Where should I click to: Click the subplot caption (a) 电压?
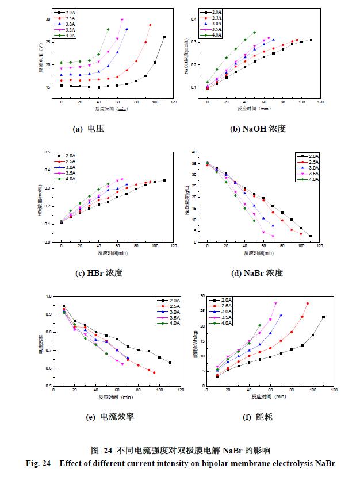[88, 129]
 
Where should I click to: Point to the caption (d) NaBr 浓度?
[256, 272]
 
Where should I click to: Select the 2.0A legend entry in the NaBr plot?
[311, 156]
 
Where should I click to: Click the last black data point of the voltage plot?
[164, 37]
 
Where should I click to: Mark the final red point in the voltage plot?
[150, 25]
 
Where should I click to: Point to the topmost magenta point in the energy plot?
[275, 303]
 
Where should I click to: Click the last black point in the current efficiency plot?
[170, 363]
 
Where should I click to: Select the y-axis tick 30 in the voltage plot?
[49, 19]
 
